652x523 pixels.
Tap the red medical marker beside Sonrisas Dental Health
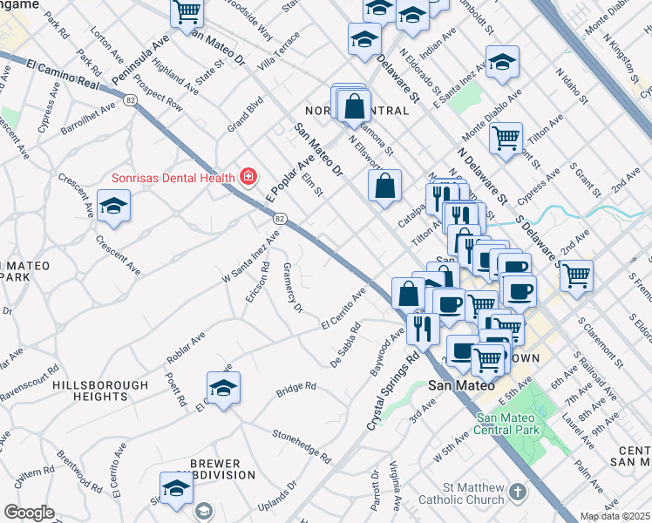[248, 178]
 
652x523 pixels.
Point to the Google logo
[29, 513]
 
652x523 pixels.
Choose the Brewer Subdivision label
[222, 469]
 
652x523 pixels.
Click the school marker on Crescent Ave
[112, 207]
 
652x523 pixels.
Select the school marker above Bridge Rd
[223, 387]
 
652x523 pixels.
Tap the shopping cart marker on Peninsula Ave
[187, 12]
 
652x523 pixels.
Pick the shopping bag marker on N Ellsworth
[384, 185]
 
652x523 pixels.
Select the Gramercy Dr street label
[294, 290]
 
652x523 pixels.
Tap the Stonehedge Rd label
[302, 444]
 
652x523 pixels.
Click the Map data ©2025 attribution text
[615, 516]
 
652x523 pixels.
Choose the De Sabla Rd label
[346, 345]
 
